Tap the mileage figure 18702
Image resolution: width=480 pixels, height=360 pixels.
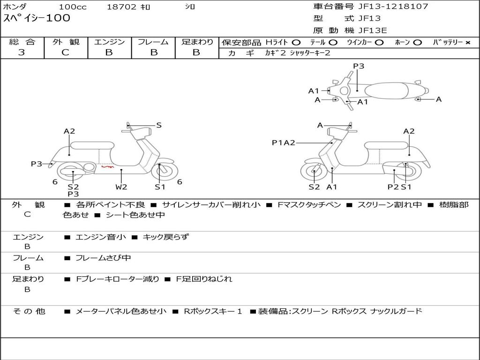[x=121, y=7]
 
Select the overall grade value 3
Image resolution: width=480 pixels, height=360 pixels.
[x=22, y=52]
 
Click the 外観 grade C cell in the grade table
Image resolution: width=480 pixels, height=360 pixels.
[x=65, y=52]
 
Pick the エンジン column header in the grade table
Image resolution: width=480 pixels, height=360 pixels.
[x=109, y=42]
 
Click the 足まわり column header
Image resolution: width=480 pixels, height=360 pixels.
[x=197, y=42]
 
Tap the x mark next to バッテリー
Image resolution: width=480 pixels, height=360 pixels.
[x=467, y=42]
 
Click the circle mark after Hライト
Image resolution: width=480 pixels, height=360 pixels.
[x=296, y=42]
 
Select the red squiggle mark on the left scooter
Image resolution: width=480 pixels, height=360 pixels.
[x=107, y=166]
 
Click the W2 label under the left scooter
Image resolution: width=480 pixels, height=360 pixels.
[x=121, y=187]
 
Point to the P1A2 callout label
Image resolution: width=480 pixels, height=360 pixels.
[x=283, y=143]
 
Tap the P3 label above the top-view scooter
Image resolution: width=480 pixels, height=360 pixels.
[x=359, y=66]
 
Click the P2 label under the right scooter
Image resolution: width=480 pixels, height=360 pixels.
[x=393, y=187]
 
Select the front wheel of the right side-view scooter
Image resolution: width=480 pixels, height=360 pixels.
[x=314, y=172]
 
